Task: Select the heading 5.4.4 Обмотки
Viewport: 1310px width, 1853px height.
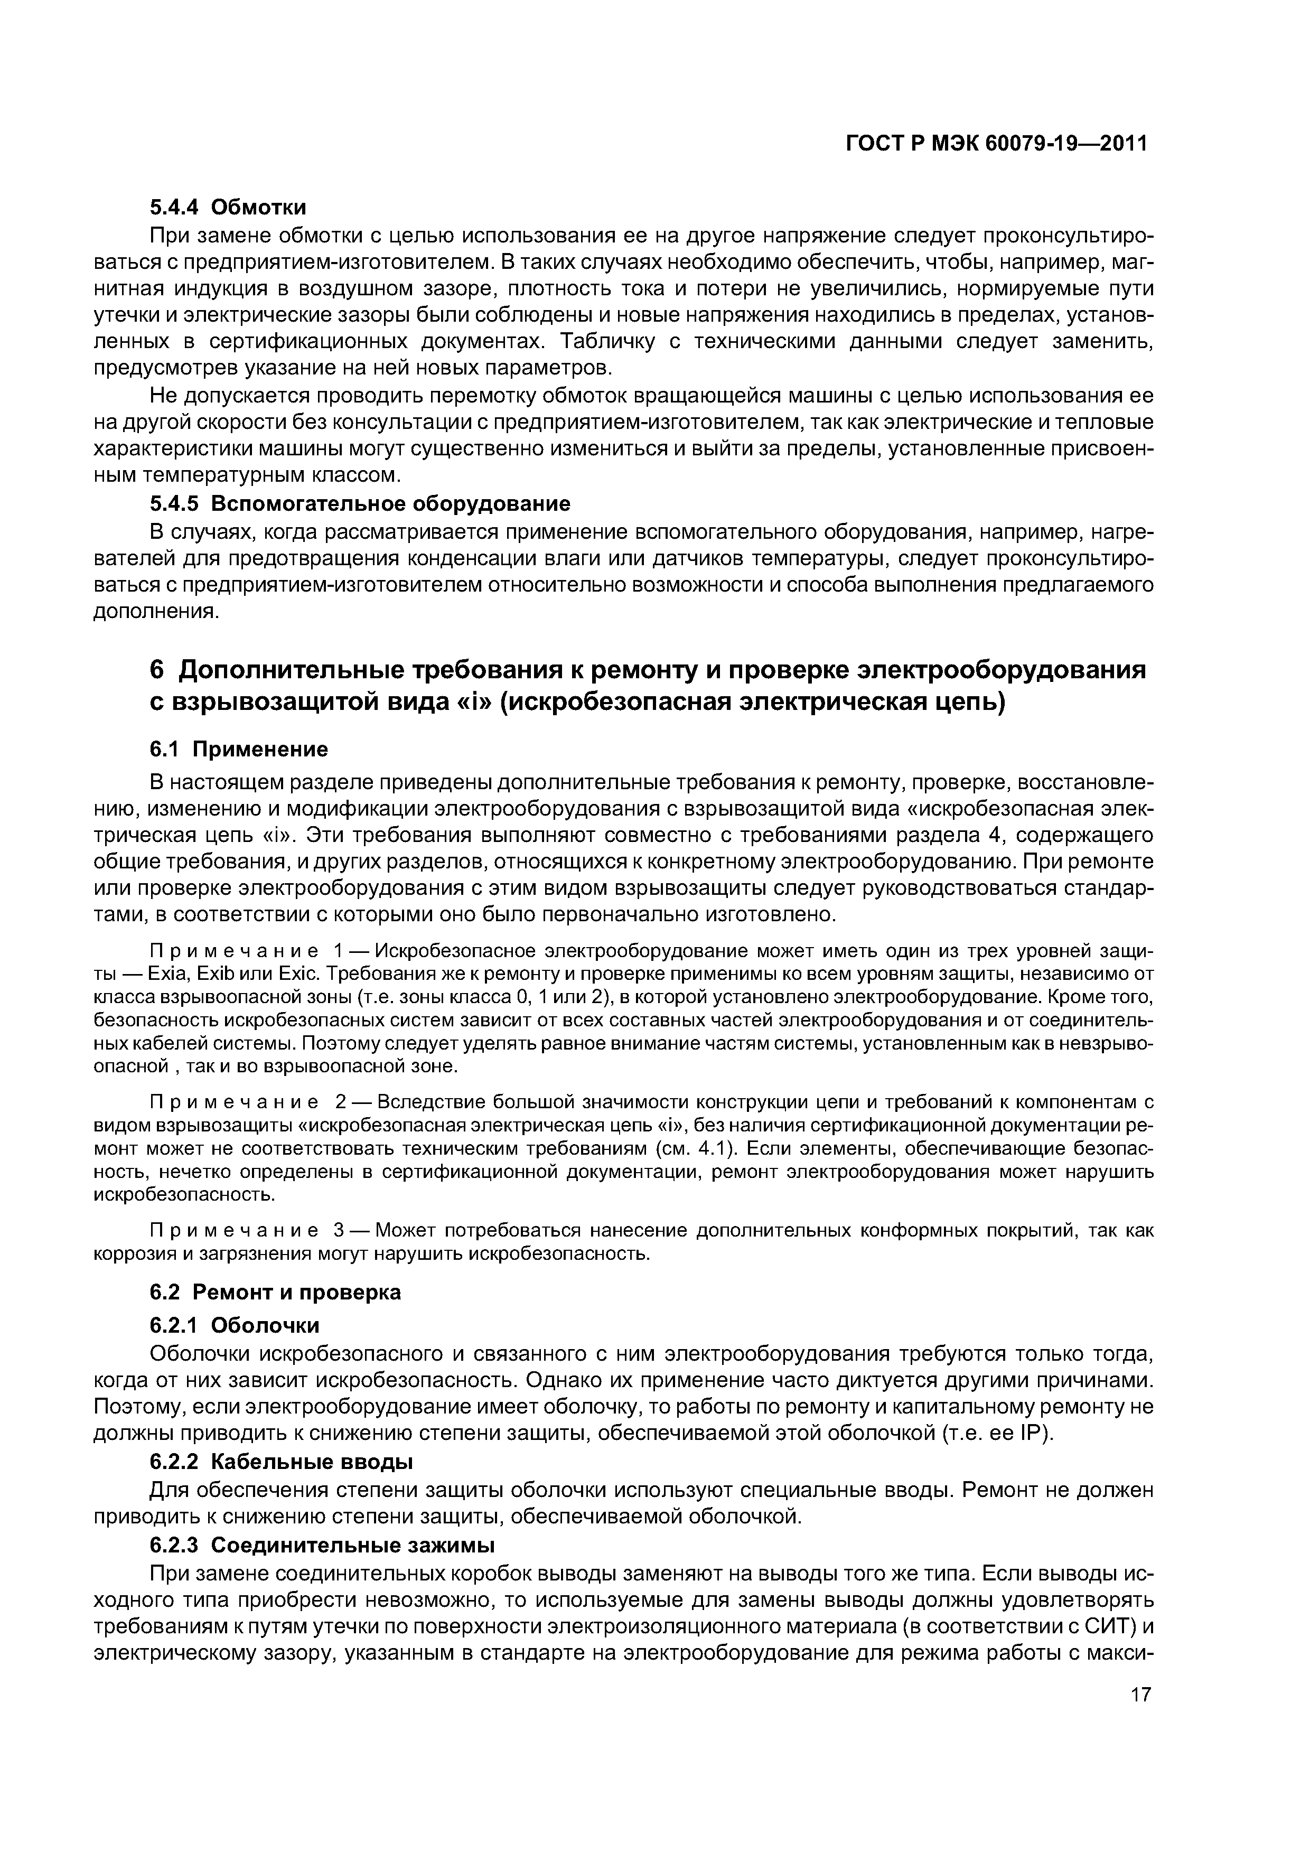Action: click(x=228, y=208)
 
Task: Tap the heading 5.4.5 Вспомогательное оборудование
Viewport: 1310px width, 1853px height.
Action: click(x=360, y=503)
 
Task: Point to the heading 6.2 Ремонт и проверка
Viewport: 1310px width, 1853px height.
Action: click(x=275, y=1292)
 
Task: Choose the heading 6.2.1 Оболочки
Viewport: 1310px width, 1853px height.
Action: click(x=235, y=1325)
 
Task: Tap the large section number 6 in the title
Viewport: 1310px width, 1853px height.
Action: click(x=157, y=671)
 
